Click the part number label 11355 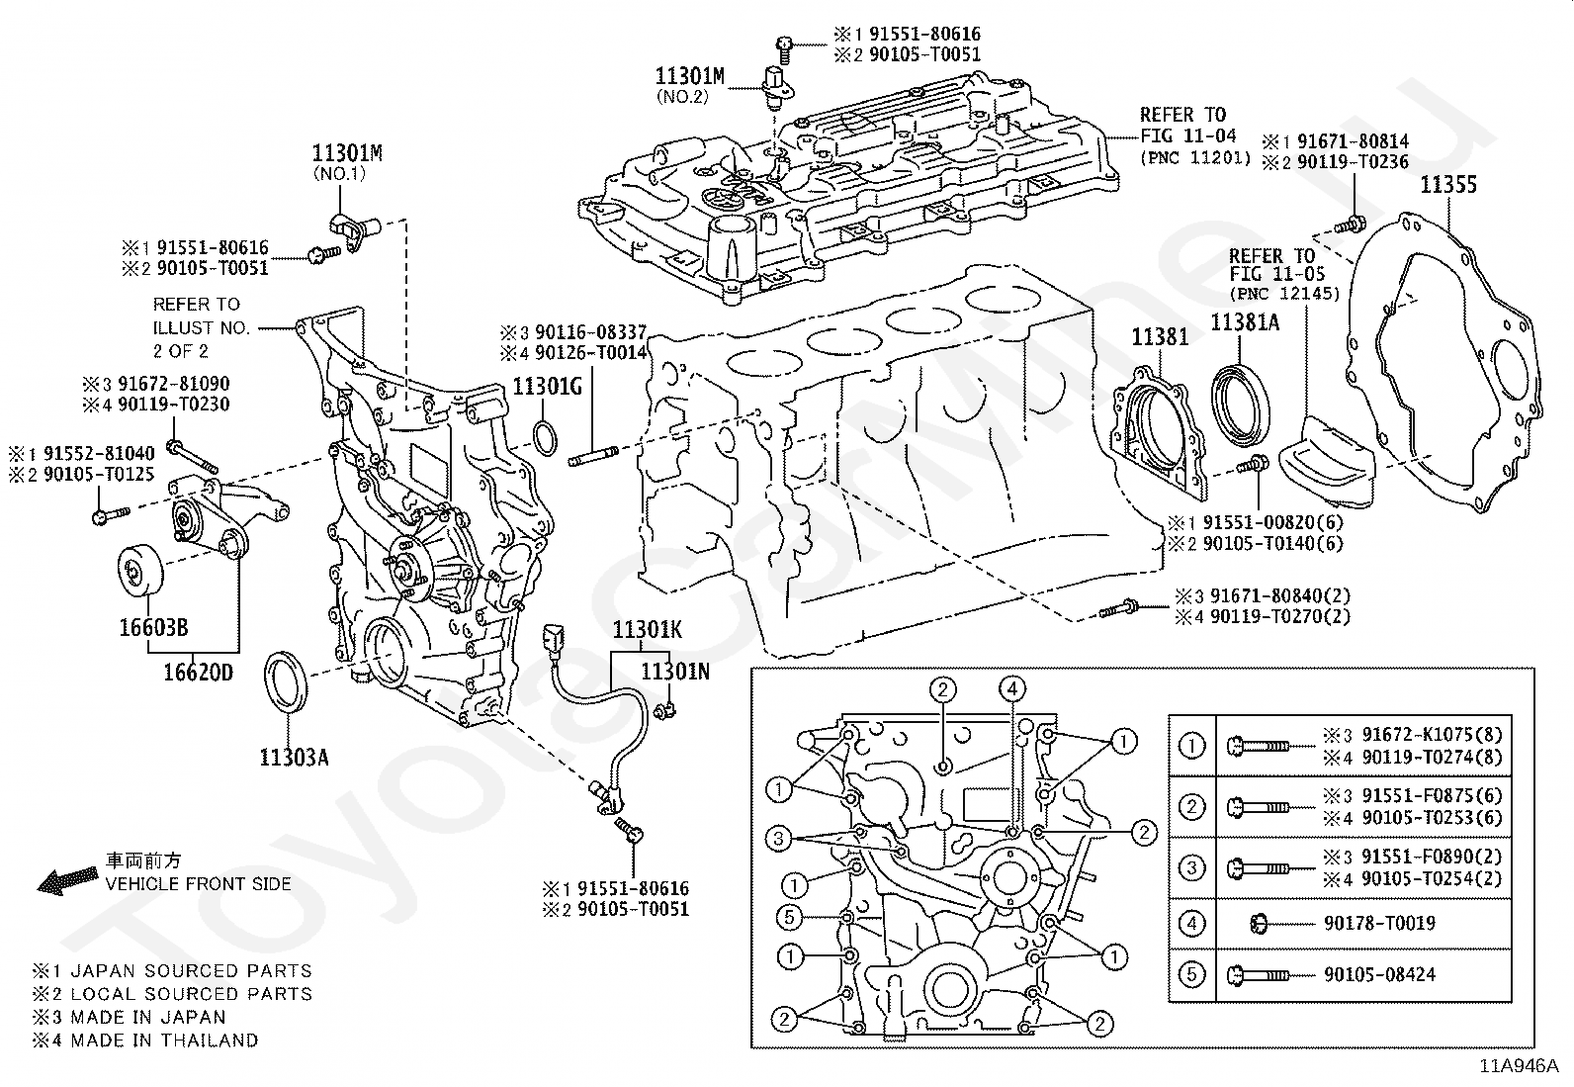point(1448,185)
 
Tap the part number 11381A point(1245,322)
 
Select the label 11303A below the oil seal point(294,758)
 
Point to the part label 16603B point(154,627)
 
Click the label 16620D point(198,673)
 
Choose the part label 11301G point(548,386)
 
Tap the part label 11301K point(648,629)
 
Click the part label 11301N point(675,672)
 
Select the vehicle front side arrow point(67,879)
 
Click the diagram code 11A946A point(1519,1066)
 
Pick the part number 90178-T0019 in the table point(1379,923)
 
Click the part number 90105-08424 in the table point(1379,974)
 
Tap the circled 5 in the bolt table point(1191,974)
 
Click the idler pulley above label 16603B point(139,569)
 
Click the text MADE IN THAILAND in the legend point(165,1040)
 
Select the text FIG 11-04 point(1187,135)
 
